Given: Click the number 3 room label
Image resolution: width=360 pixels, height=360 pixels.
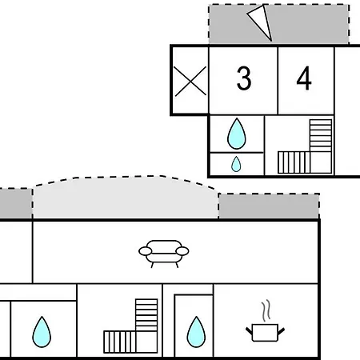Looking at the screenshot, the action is click(244, 78).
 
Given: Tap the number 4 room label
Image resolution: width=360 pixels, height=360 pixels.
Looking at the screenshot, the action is click(304, 78).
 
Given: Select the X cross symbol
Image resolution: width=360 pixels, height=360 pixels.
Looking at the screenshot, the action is click(190, 81).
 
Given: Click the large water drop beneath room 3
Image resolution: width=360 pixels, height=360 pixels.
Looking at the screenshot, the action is click(237, 134).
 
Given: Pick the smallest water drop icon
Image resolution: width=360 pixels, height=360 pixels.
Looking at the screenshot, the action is click(236, 164).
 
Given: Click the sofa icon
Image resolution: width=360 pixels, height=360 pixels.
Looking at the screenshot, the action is click(164, 254).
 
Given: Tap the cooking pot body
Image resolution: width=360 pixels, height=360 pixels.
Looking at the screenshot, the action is click(265, 333).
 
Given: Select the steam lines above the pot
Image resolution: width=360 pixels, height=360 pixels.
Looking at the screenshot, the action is click(266, 310).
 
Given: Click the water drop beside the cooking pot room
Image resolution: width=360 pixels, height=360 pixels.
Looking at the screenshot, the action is click(196, 333).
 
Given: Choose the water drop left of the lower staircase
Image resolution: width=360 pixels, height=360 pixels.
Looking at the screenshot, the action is click(42, 333).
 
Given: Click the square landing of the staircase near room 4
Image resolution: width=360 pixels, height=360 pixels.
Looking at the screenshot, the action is click(321, 162).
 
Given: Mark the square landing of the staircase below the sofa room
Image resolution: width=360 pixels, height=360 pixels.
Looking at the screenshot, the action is click(146, 342).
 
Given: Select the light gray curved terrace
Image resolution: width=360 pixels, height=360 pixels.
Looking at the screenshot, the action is click(126, 198).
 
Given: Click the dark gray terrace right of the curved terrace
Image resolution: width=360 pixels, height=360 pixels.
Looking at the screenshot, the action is click(269, 206).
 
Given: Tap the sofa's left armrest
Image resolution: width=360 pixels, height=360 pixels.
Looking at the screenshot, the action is click(146, 251).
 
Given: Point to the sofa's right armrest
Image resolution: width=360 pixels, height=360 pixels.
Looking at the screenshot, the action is click(182, 251).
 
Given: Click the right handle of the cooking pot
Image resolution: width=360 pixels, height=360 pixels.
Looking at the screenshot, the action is click(281, 331).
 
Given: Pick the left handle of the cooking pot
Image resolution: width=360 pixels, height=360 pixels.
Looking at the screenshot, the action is click(249, 331).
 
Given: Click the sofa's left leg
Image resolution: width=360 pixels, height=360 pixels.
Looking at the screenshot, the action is click(152, 265).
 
